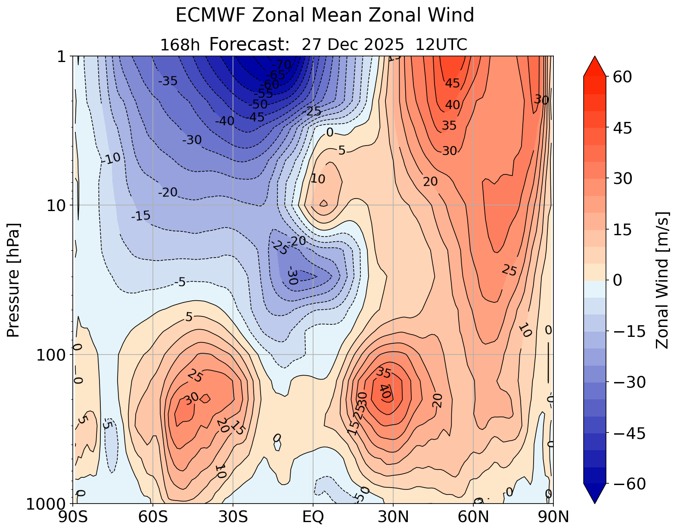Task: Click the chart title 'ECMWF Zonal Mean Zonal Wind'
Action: [x=325, y=16]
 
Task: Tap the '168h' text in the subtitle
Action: [x=180, y=45]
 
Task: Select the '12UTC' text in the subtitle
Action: [x=441, y=45]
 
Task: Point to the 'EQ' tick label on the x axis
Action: [x=313, y=516]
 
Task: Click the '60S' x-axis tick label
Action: [x=153, y=516]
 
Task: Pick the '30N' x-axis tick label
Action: [x=393, y=516]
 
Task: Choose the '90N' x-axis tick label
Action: [x=553, y=516]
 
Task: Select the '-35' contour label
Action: [x=168, y=81]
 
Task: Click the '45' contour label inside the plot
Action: [x=452, y=83]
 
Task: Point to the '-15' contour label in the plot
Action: [x=141, y=216]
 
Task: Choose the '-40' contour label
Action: [x=224, y=121]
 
